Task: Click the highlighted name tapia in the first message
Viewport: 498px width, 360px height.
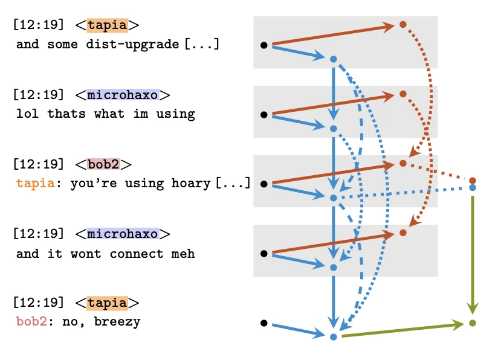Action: click(107, 25)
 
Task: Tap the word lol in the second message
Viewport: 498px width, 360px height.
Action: click(28, 114)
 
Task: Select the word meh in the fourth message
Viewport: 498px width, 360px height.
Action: click(183, 254)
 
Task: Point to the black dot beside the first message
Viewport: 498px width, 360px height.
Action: click(264, 45)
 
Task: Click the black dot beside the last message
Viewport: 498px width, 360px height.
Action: click(264, 323)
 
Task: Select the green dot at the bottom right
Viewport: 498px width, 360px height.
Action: click(473, 323)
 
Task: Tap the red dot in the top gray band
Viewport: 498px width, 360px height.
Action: click(403, 25)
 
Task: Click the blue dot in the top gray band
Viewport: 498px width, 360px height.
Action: click(333, 59)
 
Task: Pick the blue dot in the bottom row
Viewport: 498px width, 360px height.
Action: click(333, 336)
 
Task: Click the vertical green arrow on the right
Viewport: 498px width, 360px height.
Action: click(473, 254)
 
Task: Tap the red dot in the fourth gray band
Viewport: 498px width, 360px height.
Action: click(403, 233)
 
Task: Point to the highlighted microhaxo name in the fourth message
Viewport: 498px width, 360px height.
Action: click(123, 234)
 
